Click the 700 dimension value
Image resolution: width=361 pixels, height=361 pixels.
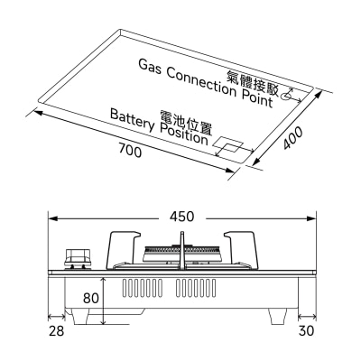coord(130,151)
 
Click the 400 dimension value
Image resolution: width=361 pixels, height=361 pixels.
coord(293,138)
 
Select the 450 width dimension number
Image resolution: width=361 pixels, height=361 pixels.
coord(182,217)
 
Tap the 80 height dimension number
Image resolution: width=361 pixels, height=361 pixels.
coord(91,298)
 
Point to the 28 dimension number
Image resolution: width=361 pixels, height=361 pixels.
coord(57,331)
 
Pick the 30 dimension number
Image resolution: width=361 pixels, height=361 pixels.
coord(307,331)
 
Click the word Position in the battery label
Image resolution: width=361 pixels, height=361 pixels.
coord(183,135)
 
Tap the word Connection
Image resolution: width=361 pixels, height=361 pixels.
coord(200,83)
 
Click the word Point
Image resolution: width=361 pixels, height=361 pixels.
coord(257,98)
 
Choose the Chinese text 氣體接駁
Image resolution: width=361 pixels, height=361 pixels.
coord(253,83)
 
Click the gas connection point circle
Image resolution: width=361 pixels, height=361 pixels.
coord(286,97)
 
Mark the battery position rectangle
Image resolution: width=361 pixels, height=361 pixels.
coord(227,144)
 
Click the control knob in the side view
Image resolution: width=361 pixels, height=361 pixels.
coord(78,258)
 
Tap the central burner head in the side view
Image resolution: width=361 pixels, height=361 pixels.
coord(181,254)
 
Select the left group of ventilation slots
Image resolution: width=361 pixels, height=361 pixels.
coord(142,288)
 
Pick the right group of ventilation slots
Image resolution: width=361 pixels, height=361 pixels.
coord(196,288)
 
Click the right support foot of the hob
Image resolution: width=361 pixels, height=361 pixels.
coord(277,317)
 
